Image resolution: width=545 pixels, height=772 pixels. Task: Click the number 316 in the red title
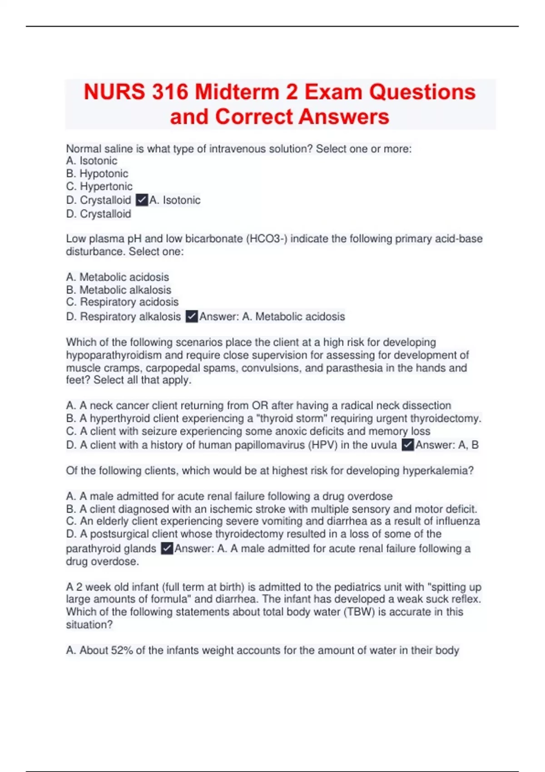pyautogui.click(x=170, y=92)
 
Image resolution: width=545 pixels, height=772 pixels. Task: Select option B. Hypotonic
pyautogui.click(x=97, y=173)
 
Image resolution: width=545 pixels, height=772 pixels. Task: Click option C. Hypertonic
pyautogui.click(x=99, y=186)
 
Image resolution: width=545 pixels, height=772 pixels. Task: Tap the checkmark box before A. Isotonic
pyautogui.click(x=142, y=200)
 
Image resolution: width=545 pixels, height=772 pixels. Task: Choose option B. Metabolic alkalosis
pyautogui.click(x=119, y=290)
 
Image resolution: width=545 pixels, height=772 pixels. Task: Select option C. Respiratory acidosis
pyautogui.click(x=122, y=302)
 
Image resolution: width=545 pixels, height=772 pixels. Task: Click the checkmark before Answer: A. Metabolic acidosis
pyautogui.click(x=192, y=317)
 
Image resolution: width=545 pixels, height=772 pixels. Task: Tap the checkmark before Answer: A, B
pyautogui.click(x=408, y=445)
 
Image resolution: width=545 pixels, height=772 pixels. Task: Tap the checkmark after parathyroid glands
pyautogui.click(x=167, y=549)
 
